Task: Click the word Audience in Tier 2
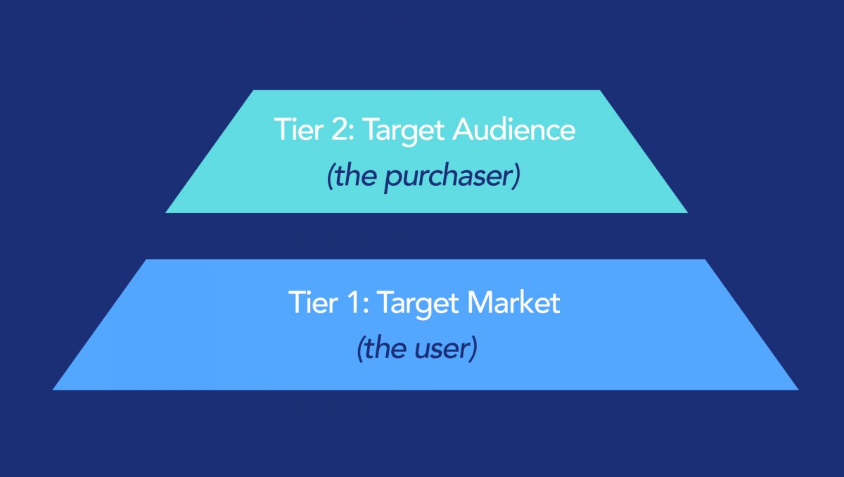pyautogui.click(x=514, y=129)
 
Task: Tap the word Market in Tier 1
pyautogui.click(x=513, y=303)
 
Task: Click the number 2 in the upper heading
pyautogui.click(x=339, y=129)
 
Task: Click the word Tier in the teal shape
pyautogui.click(x=299, y=129)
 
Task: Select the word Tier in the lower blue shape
pyautogui.click(x=313, y=303)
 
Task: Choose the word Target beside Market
pyautogui.click(x=418, y=305)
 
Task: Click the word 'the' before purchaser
pyautogui.click(x=355, y=176)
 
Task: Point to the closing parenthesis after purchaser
pyautogui.click(x=516, y=177)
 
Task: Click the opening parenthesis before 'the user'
pyautogui.click(x=361, y=349)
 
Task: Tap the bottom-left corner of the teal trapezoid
pyautogui.click(x=165, y=213)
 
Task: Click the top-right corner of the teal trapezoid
pyautogui.click(x=600, y=90)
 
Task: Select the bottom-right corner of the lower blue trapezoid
pyautogui.click(x=798, y=390)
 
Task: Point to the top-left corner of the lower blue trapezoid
pyautogui.click(x=146, y=259)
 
